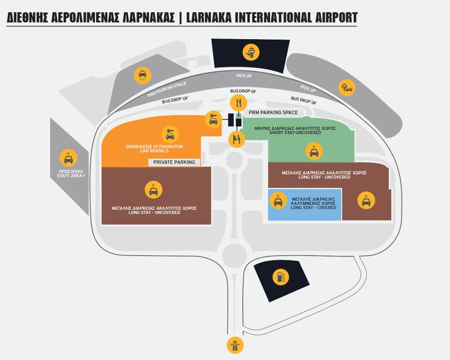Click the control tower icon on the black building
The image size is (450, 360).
tap(251, 52)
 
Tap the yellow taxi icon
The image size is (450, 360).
tap(142, 75)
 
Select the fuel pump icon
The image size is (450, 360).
tap(280, 277)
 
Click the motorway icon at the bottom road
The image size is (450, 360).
tap(234, 345)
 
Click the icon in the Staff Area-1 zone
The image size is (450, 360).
tap(68, 157)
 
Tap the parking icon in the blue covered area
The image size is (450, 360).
tap(278, 200)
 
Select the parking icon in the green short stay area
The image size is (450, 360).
tap(314, 151)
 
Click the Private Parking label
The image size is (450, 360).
tap(174, 162)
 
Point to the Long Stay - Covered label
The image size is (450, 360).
tap(313, 203)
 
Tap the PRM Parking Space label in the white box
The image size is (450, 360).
tap(273, 113)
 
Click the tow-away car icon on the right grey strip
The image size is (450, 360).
tap(347, 87)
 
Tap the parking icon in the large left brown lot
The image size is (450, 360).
tap(154, 190)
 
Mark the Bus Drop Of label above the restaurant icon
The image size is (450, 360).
tap(243, 91)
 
